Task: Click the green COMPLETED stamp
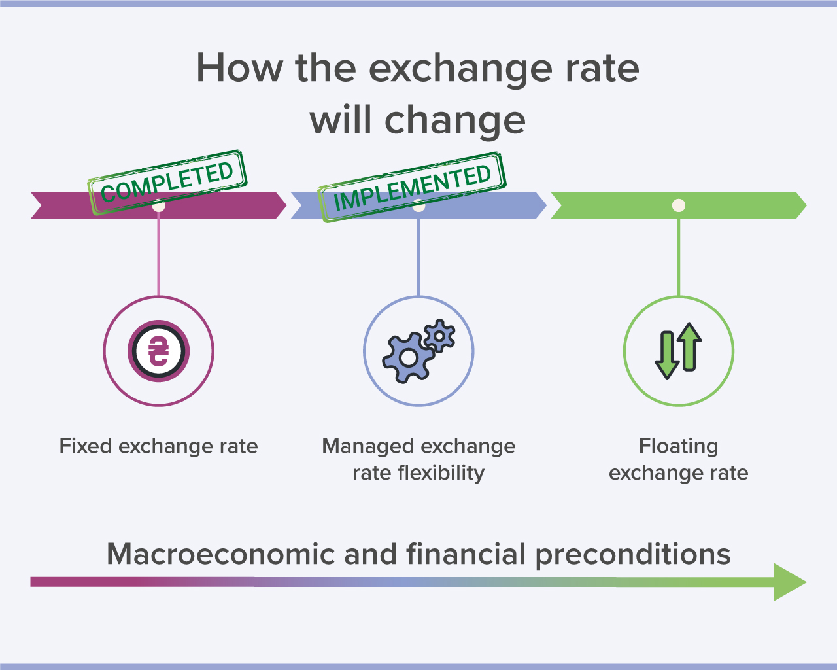pyautogui.click(x=167, y=182)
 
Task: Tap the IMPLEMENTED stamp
pyautogui.click(x=412, y=187)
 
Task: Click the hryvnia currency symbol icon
pyautogui.click(x=159, y=351)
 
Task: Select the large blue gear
pyautogui.click(x=409, y=358)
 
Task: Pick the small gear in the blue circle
pyautogui.click(x=439, y=336)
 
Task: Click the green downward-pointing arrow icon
pyautogui.click(x=667, y=355)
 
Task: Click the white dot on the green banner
pyautogui.click(x=679, y=205)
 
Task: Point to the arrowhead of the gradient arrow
pyautogui.click(x=790, y=582)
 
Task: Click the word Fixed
pyautogui.click(x=86, y=446)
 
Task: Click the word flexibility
pyautogui.click(x=441, y=473)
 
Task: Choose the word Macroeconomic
pyautogui.click(x=220, y=554)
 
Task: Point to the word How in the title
pyautogui.click(x=239, y=69)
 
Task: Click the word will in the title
pyautogui.click(x=340, y=120)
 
